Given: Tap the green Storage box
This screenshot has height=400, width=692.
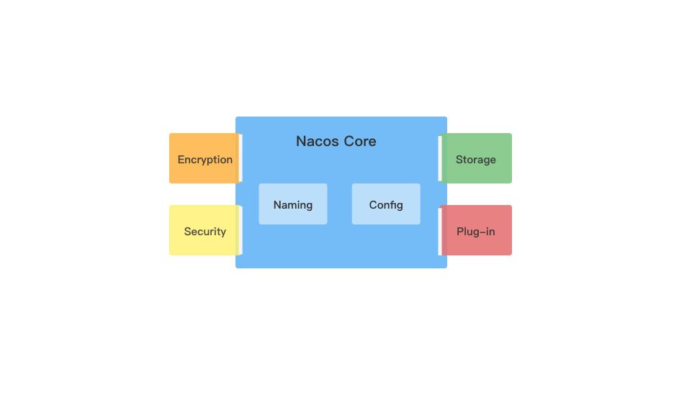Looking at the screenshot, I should coord(477,158).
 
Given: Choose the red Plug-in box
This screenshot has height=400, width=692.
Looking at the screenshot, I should coord(477,230).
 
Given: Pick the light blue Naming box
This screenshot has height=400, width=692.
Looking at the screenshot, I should coord(293,204).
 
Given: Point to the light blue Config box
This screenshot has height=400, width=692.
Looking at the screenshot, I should coord(386,204).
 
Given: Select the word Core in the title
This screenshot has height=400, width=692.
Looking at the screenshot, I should coord(360,142).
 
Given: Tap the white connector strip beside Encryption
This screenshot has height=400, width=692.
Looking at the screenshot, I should coord(241,158).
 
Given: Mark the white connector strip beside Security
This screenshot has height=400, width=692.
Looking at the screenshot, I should coord(241,230).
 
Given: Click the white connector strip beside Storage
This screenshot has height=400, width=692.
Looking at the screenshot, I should coord(439,158).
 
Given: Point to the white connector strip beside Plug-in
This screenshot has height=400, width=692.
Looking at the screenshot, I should coord(439,231).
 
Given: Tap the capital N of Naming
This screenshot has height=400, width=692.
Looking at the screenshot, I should coord(277,205).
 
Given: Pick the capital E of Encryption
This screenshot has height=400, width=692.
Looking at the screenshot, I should coord(181,160).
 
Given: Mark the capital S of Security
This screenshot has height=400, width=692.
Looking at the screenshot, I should coord(187,232).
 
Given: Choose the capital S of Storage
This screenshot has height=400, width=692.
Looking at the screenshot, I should coord(459,160).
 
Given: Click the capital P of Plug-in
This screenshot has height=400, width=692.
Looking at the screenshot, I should coord(460,232).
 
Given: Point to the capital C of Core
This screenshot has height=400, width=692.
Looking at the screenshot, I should coord(348,142).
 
